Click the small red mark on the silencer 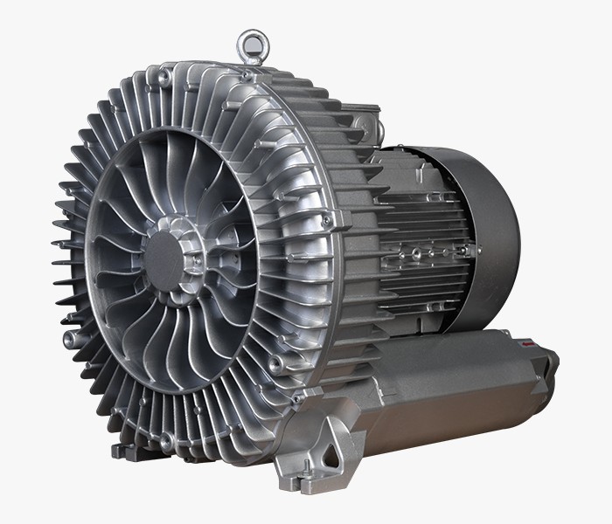point(532,347)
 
